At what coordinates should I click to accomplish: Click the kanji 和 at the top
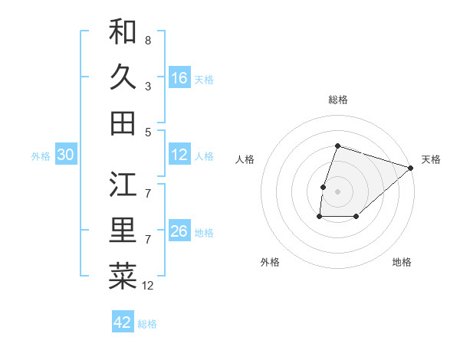click(123, 32)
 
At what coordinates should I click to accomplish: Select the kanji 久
click(123, 77)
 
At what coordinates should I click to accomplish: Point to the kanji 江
click(123, 184)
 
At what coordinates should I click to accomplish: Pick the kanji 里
click(123, 231)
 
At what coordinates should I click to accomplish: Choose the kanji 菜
click(123, 277)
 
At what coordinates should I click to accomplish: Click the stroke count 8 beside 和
click(148, 40)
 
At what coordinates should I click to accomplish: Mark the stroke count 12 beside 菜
click(148, 286)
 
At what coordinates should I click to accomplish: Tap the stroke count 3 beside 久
click(148, 87)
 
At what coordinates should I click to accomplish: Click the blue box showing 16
click(179, 78)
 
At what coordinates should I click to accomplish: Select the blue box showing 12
click(179, 155)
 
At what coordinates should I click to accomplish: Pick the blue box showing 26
click(179, 232)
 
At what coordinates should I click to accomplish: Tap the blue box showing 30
click(65, 155)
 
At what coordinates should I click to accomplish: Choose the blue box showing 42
click(123, 322)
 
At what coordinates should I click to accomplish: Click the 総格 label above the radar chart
click(337, 100)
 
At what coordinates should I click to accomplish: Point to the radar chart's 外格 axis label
click(270, 262)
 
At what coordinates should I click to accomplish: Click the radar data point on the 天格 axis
click(412, 169)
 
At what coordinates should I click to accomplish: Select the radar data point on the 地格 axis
click(356, 218)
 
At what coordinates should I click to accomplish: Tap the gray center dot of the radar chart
click(337, 191)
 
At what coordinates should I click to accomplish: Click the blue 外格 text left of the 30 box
click(41, 156)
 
